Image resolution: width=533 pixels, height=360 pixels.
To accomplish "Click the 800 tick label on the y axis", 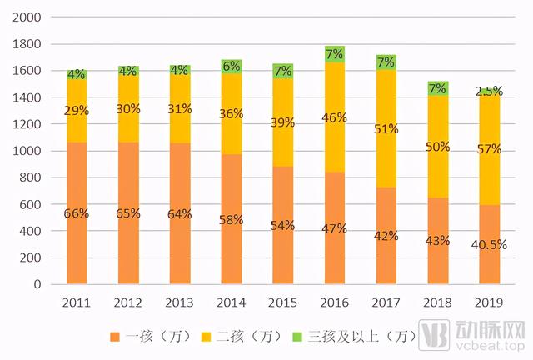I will (32, 177).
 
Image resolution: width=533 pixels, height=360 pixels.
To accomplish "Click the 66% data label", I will (77, 213).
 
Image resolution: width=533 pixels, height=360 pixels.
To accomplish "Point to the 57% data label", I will (490, 149).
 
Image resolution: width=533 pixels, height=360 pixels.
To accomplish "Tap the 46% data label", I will (335, 117).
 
